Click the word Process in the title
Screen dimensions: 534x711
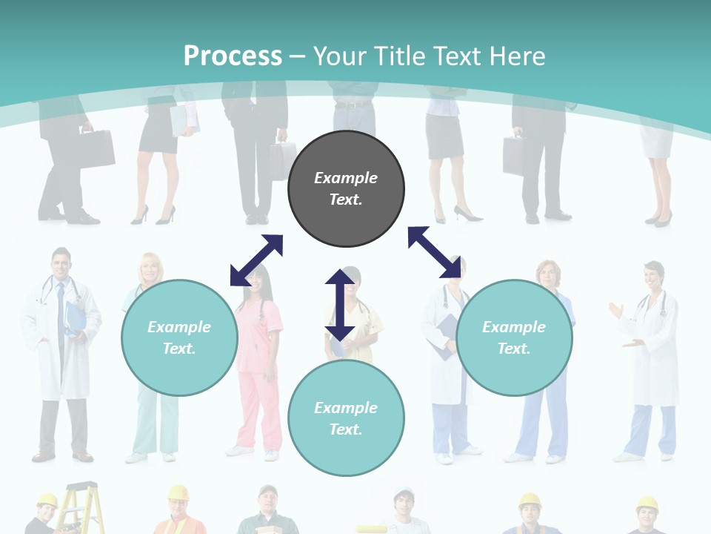pyautogui.click(x=233, y=56)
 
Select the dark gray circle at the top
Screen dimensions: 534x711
pyautogui.click(x=346, y=188)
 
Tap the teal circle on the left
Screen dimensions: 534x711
pyautogui.click(x=179, y=337)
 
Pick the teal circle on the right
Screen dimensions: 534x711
pyautogui.click(x=514, y=337)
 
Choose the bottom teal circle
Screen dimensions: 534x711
pyautogui.click(x=346, y=418)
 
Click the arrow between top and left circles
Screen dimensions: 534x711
pyautogui.click(x=256, y=260)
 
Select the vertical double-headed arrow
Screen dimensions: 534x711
pyautogui.click(x=340, y=305)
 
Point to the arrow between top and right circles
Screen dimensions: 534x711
pyautogui.click(x=435, y=252)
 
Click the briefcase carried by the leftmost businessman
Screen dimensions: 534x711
pyautogui.click(x=96, y=149)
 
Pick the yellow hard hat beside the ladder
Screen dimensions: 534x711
pyautogui.click(x=47, y=501)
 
